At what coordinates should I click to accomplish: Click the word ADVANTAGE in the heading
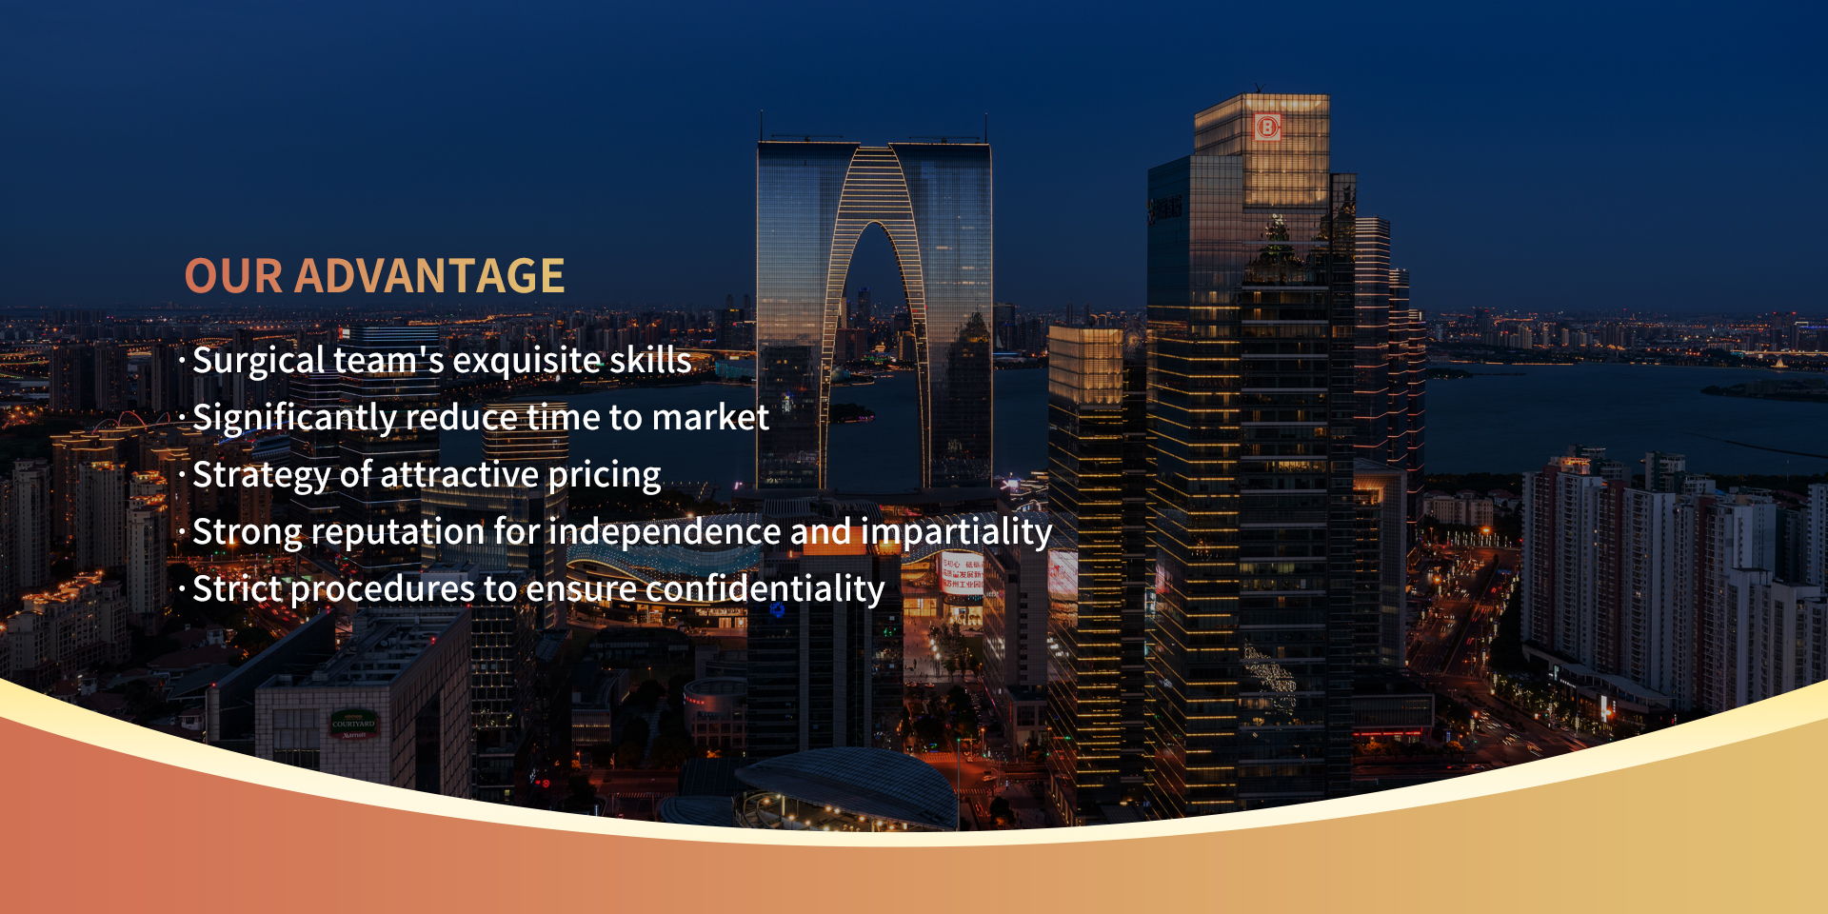click(x=429, y=276)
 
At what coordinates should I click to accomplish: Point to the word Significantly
click(x=294, y=419)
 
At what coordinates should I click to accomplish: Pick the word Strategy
click(x=260, y=476)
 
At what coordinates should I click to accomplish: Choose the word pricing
click(x=605, y=476)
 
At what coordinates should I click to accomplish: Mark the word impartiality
click(x=957, y=533)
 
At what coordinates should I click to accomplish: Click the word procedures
click(x=382, y=590)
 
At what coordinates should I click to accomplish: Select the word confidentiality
click(x=765, y=588)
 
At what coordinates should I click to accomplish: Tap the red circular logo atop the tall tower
click(x=1267, y=127)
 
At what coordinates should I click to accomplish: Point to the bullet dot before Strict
click(x=182, y=588)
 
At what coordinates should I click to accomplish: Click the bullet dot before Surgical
click(x=182, y=360)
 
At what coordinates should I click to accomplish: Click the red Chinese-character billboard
click(x=962, y=577)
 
